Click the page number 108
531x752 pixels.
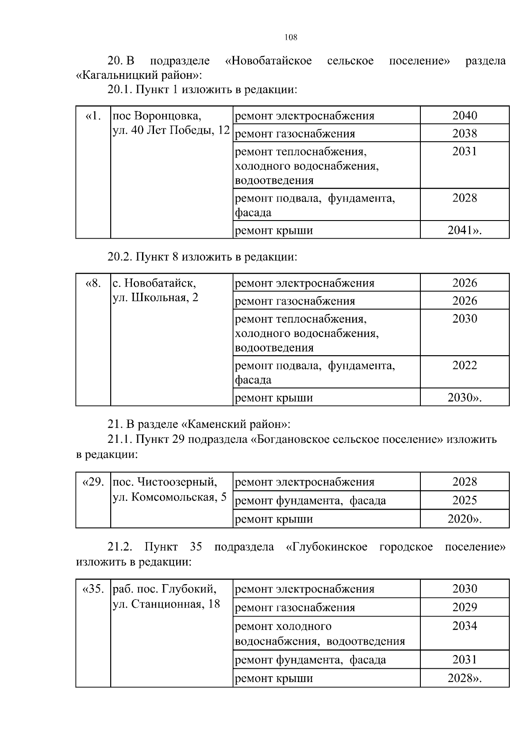[x=291, y=38]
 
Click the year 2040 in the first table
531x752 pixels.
[x=465, y=116]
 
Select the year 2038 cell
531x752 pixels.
[x=465, y=133]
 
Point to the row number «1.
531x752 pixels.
[x=93, y=116]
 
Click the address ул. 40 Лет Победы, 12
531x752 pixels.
[x=172, y=131]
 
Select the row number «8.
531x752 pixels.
[x=93, y=283]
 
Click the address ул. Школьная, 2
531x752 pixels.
[x=155, y=298]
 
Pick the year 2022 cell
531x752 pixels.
[x=465, y=365]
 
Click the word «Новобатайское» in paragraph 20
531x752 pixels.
[x=268, y=61]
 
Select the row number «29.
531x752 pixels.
[x=93, y=482]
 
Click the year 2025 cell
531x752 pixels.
[x=465, y=500]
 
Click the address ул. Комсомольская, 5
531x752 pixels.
[x=170, y=497]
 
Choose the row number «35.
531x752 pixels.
[x=93, y=589]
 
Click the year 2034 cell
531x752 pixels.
[x=465, y=626]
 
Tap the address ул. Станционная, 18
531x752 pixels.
[x=166, y=604]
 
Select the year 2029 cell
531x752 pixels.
[x=465, y=607]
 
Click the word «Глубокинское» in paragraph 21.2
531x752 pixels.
[x=327, y=547]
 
